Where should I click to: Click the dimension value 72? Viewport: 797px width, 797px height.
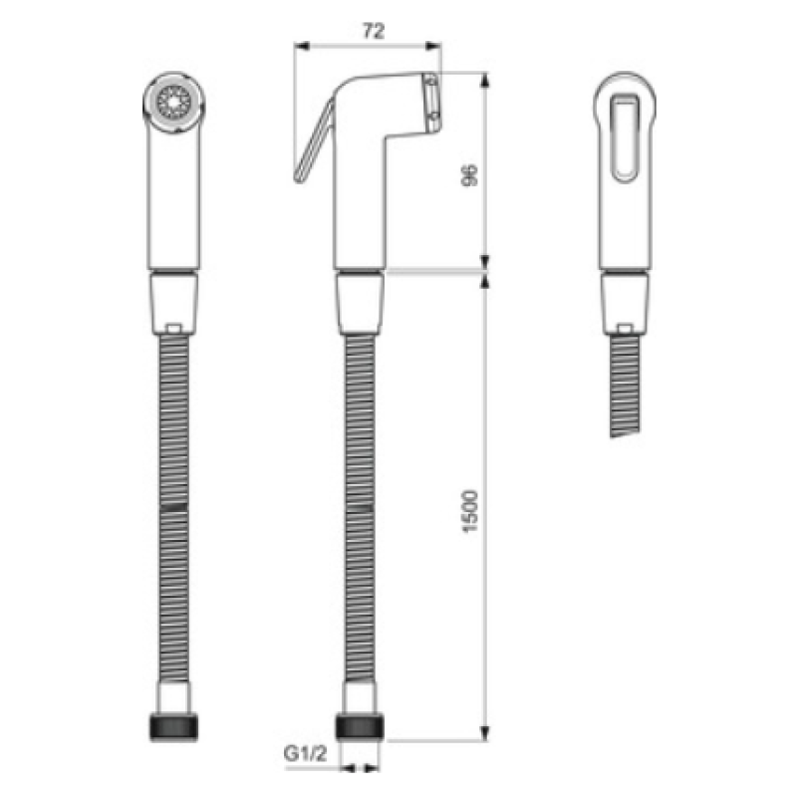point(373,32)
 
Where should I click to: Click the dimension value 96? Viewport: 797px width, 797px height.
point(471,175)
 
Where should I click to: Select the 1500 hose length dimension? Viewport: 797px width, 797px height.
point(471,511)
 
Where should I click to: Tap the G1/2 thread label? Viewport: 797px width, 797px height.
point(305,753)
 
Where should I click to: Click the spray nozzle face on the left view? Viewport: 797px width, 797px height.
point(173,103)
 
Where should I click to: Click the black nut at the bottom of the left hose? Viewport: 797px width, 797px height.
point(173,727)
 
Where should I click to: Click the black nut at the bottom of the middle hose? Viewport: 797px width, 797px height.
point(361,727)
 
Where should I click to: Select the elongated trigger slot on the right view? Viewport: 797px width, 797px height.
point(625,137)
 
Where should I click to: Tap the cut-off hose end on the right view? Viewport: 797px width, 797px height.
point(625,432)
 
